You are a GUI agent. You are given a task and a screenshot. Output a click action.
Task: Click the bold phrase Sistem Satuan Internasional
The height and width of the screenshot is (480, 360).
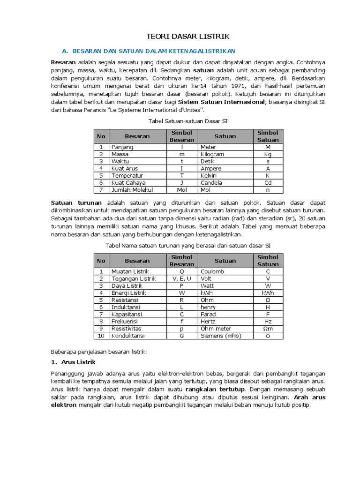(x=225, y=102)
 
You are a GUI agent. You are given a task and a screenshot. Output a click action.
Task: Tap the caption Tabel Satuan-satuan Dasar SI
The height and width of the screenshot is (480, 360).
(x=181, y=121)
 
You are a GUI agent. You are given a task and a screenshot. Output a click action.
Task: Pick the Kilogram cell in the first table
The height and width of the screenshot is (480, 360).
(x=212, y=154)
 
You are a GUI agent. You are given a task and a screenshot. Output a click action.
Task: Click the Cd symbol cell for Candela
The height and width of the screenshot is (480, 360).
(x=268, y=182)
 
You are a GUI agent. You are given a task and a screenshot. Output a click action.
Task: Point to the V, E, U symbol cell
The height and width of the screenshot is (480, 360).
(x=182, y=278)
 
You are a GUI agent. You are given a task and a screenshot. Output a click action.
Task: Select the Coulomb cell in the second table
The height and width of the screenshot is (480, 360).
(x=212, y=271)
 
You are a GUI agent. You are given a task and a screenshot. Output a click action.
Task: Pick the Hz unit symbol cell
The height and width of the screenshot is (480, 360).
(x=268, y=322)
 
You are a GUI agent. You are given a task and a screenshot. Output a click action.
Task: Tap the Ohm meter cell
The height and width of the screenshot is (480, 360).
(x=215, y=329)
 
